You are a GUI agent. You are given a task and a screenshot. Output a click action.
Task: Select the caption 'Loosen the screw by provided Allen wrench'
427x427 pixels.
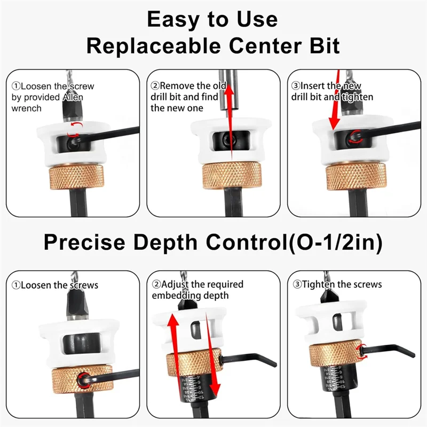click(48, 97)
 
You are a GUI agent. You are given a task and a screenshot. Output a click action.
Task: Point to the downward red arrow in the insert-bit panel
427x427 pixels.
click(334, 107)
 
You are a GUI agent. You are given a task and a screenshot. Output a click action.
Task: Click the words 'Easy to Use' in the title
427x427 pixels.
click(212, 20)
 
